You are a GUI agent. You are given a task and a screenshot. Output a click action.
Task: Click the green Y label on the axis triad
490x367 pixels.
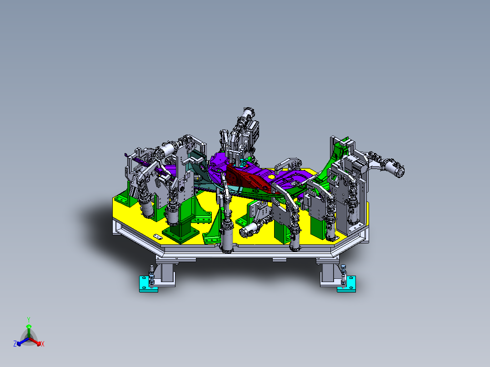click(x=28, y=319)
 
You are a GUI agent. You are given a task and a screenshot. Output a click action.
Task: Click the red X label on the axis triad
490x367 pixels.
click(x=43, y=344)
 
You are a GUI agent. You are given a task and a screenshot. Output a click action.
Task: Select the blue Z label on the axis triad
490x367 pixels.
click(x=15, y=344)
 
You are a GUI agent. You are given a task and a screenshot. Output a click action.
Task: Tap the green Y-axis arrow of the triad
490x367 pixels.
click(x=28, y=329)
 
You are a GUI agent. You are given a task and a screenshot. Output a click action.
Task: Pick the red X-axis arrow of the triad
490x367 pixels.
click(x=36, y=342)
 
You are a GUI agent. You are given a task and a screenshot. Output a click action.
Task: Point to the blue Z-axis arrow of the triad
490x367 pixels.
click(x=20, y=342)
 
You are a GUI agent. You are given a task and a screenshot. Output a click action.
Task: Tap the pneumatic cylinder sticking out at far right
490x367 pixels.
click(x=393, y=169)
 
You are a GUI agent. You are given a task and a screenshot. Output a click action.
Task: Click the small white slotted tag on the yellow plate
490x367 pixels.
click(x=158, y=237)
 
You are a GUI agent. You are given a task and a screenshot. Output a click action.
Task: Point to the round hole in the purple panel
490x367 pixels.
click(x=271, y=177)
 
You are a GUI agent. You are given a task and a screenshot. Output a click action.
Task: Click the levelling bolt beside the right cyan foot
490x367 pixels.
click(x=344, y=273)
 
